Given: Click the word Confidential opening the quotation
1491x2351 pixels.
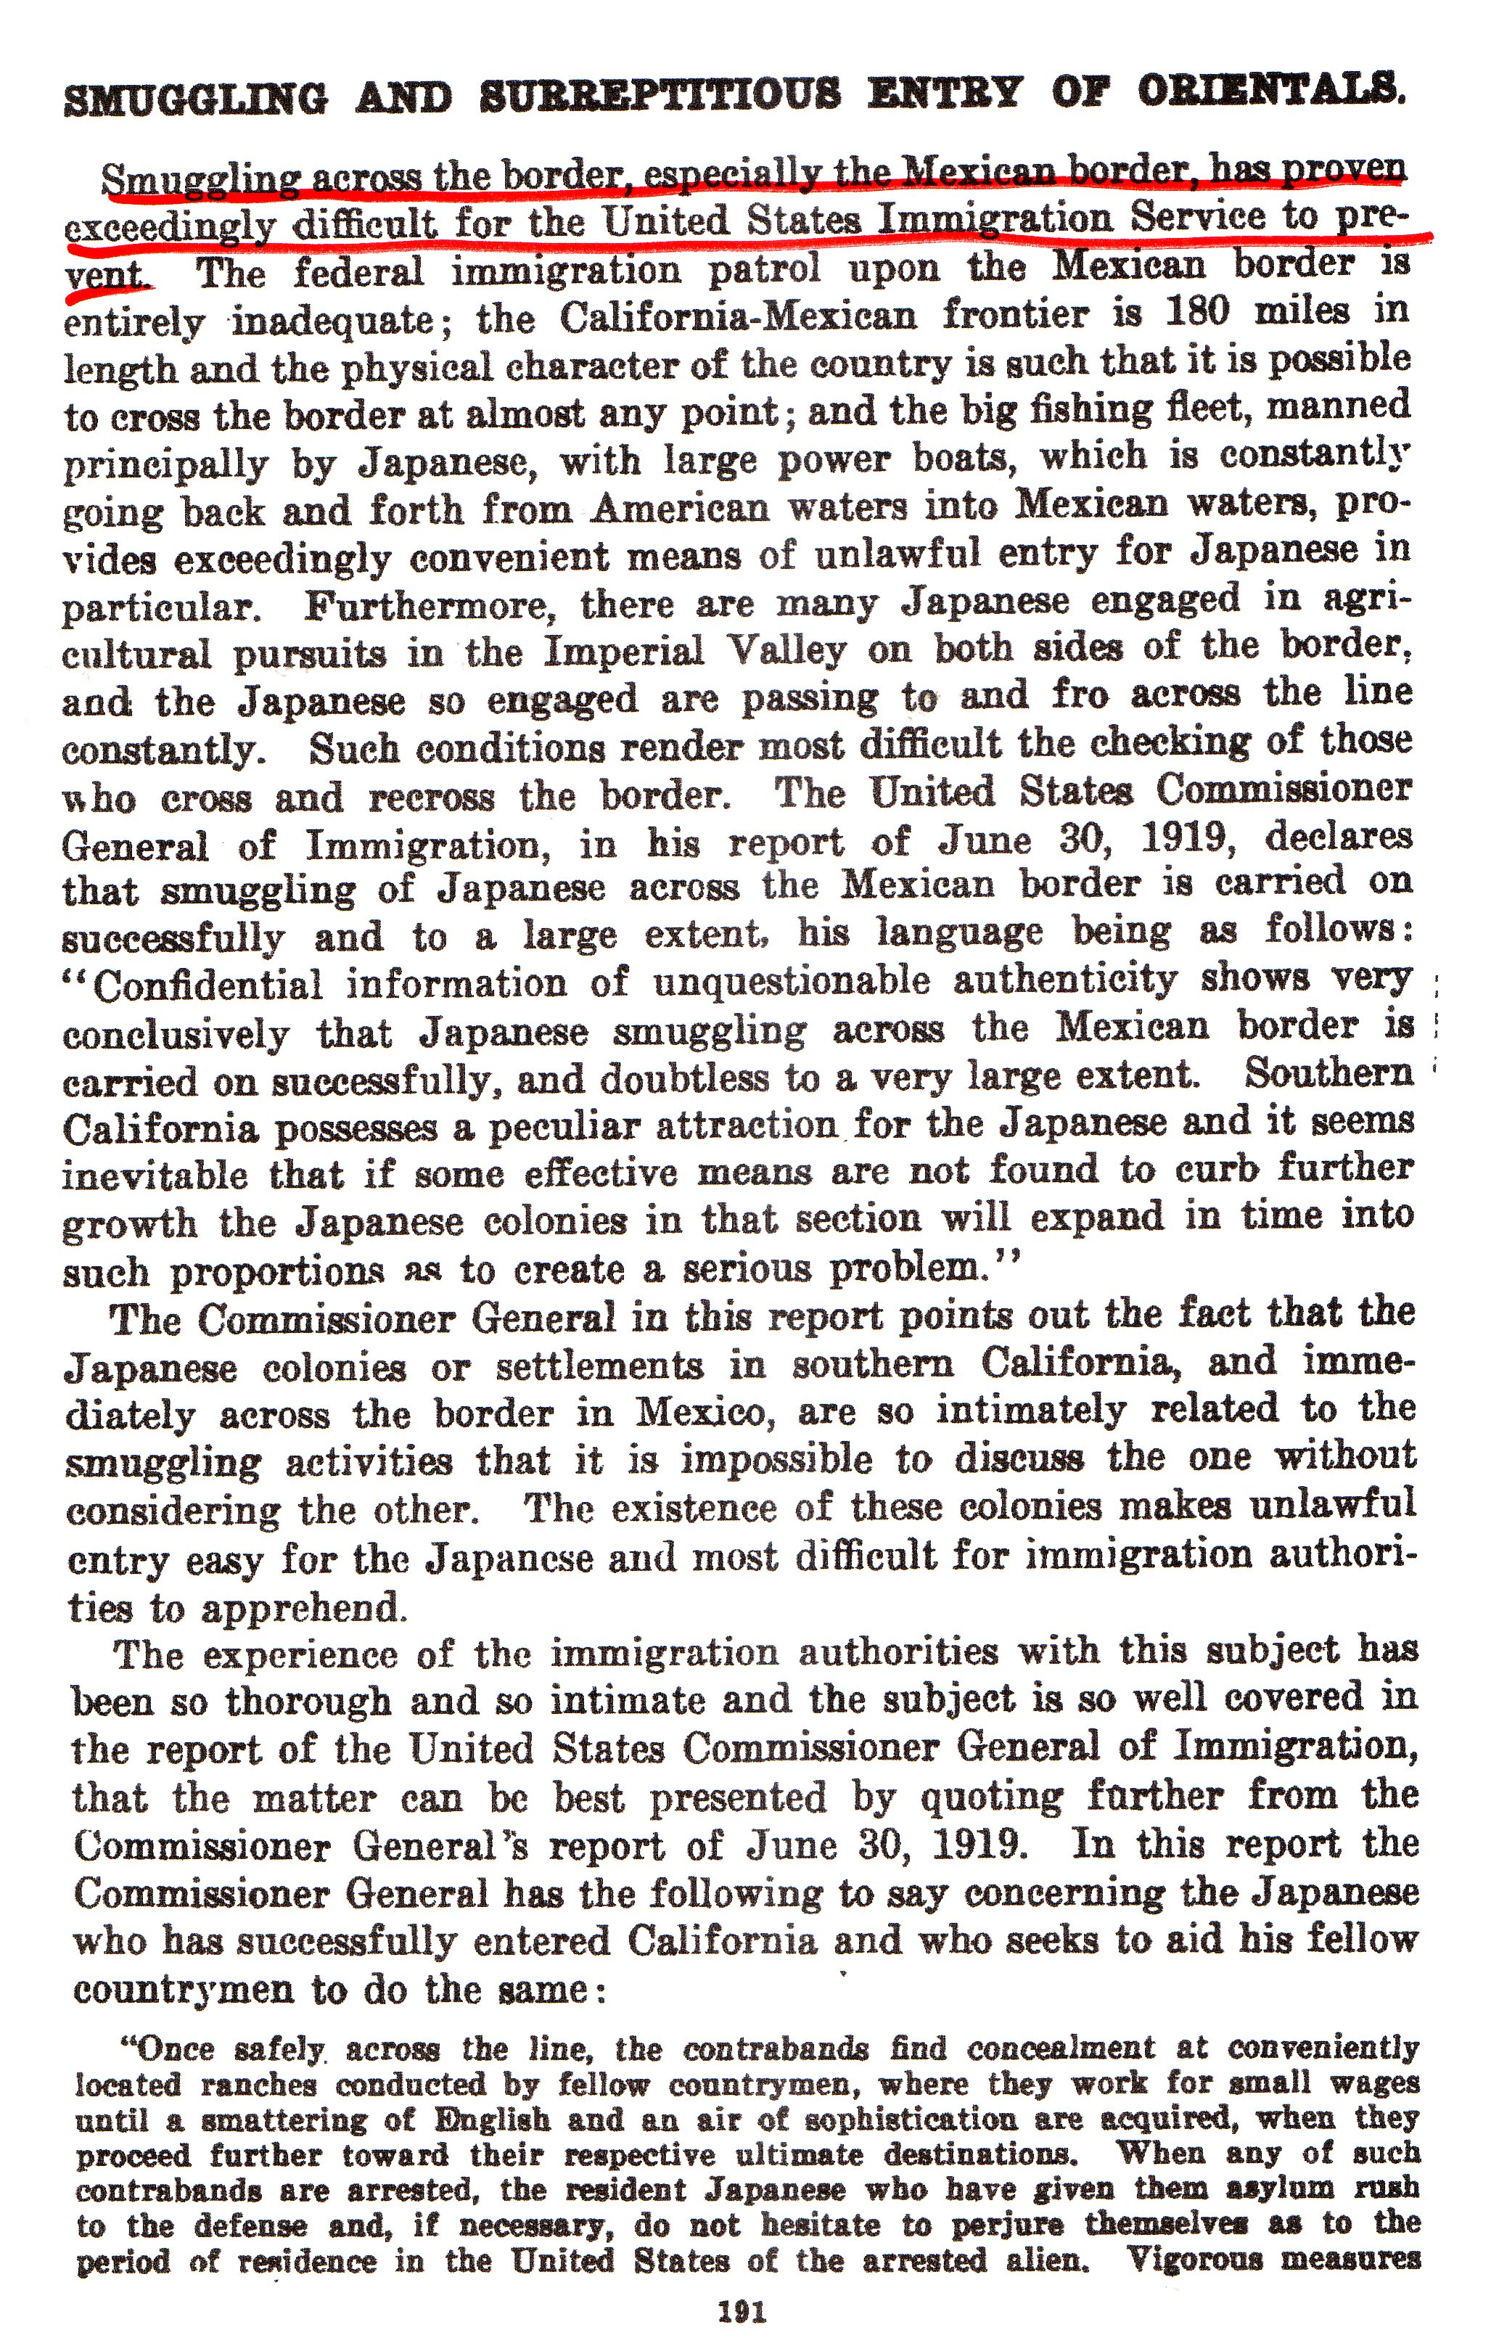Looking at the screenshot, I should click(x=208, y=985).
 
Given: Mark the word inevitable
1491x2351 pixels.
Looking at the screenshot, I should click(x=155, y=1175).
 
